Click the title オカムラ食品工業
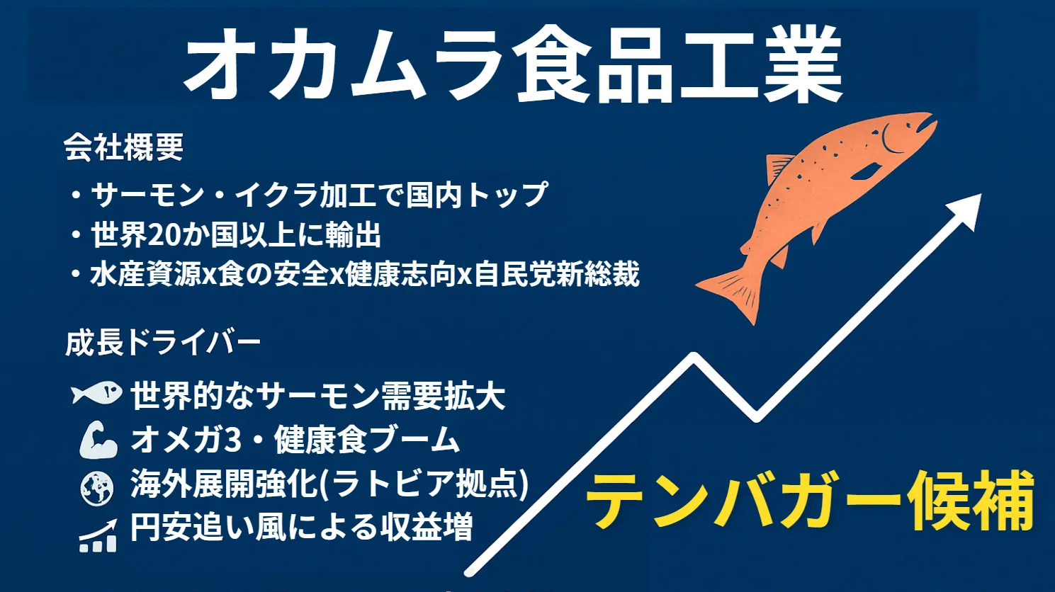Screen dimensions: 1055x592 (x=512, y=64)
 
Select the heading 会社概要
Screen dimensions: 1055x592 (x=124, y=147)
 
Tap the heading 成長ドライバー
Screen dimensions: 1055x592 (x=163, y=343)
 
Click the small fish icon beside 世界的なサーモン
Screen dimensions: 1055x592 (x=96, y=394)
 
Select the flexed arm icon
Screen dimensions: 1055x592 (x=98, y=440)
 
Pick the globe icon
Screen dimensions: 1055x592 (x=97, y=489)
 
